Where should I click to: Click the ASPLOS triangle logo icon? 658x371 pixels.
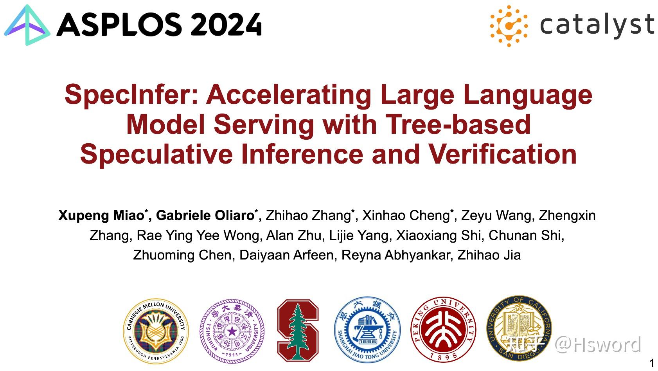[27, 25]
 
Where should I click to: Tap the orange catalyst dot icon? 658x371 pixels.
[508, 26]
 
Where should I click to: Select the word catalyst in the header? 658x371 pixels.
[597, 25]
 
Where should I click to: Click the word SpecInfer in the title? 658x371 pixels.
[131, 95]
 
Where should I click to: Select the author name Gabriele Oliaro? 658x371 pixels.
[205, 216]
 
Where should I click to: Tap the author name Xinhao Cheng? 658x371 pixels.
[406, 216]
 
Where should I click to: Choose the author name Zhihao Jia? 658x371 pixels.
[489, 255]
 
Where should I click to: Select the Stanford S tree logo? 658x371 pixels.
[298, 330]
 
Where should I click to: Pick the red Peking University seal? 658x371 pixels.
[443, 330]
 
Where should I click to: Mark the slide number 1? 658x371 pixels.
[651, 363]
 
